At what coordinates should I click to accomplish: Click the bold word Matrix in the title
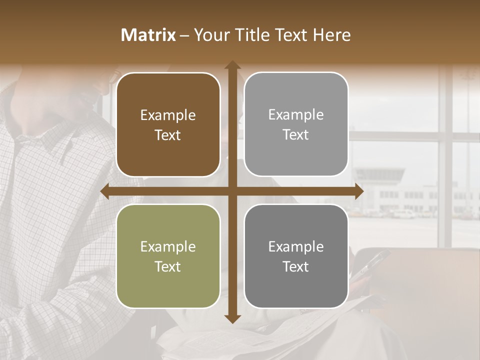[148, 35]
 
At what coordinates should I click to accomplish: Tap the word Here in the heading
[331, 35]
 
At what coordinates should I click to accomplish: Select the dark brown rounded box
[168, 124]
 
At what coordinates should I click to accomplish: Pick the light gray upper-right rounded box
[296, 124]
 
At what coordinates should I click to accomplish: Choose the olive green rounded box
[168, 256]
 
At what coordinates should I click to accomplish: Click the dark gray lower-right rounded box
[296, 256]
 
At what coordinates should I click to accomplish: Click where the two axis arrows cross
[232, 191]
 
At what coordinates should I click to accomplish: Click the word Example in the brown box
[168, 115]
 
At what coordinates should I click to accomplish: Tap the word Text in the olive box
[168, 266]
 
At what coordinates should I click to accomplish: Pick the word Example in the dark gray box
[296, 246]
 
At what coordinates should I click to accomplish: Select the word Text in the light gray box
[296, 135]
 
